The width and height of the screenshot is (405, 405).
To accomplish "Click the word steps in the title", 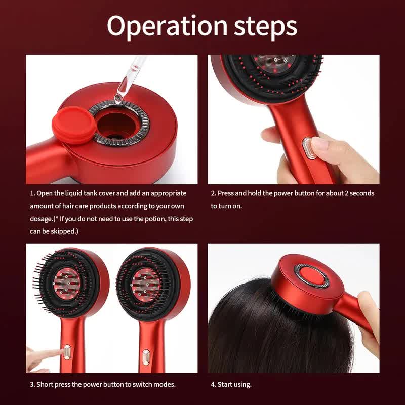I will click(265, 26).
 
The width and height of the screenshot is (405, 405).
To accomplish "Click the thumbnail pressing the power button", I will click(320, 144).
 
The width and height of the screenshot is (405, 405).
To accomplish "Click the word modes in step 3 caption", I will click(164, 384).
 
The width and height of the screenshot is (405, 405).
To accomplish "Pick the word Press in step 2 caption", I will click(226, 193).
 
